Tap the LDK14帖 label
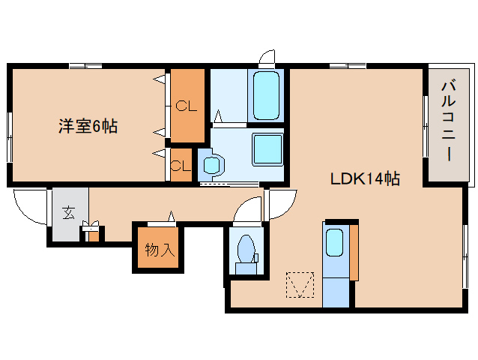point(365,179)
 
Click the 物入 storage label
point(160,250)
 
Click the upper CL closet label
point(187,106)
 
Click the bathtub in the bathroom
point(266,95)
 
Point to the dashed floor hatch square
point(301,284)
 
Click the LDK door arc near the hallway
point(280,205)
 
